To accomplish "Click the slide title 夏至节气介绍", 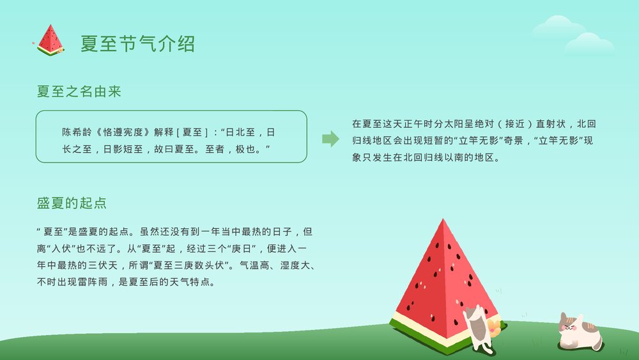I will coord(137,43).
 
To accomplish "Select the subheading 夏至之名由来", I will coord(79,92).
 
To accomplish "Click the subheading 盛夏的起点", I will coord(71,203).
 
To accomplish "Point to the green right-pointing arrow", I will coord(330,139).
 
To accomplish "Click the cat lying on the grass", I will coord(578,333).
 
